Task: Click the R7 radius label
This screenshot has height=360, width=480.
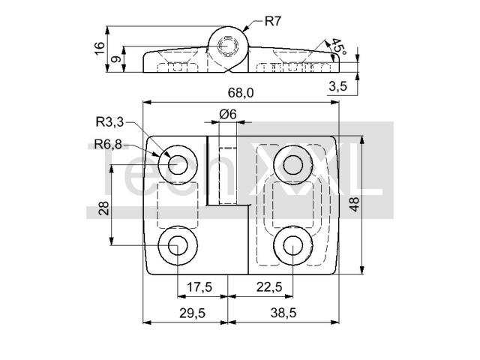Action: tap(272, 22)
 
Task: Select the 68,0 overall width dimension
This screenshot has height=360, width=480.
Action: tap(241, 92)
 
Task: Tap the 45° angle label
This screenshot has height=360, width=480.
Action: tap(339, 46)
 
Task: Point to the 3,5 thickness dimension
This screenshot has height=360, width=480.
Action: tap(338, 86)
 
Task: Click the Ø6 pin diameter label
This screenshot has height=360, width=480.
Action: tap(228, 114)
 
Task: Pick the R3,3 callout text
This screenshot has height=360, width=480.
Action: tap(109, 122)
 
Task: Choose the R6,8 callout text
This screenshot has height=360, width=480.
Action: tap(108, 144)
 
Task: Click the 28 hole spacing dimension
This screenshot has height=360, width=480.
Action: tap(104, 208)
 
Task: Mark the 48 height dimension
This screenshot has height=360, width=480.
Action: tap(354, 204)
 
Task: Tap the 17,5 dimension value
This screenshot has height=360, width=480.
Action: tap(199, 287)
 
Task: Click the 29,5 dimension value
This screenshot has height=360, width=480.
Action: tap(192, 313)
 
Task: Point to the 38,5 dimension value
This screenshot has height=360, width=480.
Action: tap(283, 313)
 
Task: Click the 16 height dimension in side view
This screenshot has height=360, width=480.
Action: tap(100, 48)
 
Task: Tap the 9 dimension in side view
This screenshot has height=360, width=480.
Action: tap(115, 58)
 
